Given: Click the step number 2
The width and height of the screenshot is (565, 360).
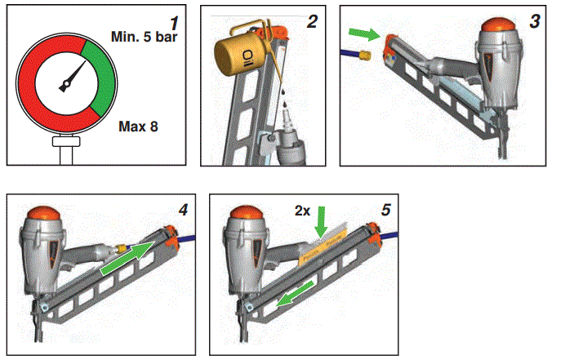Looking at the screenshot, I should [x=311, y=22].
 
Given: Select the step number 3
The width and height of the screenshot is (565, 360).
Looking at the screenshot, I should [x=535, y=22].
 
